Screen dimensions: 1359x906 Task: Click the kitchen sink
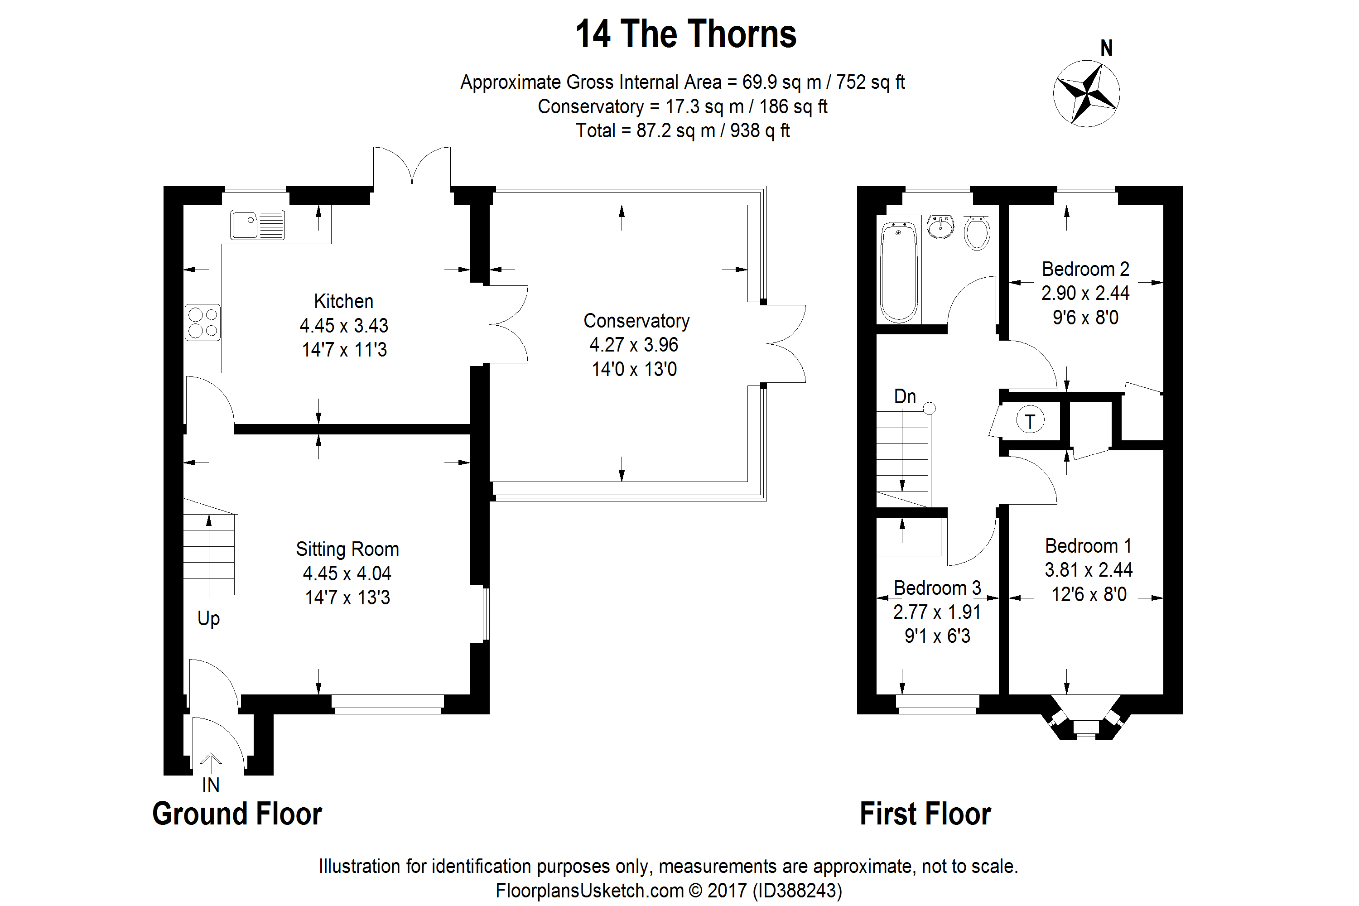(258, 225)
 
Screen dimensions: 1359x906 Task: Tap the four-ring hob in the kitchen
(203, 323)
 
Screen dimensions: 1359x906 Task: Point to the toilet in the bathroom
(977, 233)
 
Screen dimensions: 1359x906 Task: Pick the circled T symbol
(1030, 421)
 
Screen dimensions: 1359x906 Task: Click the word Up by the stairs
(208, 619)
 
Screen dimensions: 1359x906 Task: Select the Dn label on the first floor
(905, 396)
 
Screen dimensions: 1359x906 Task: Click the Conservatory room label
(636, 321)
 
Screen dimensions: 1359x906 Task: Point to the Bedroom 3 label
(937, 588)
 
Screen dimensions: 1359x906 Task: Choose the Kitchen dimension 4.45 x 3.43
(344, 326)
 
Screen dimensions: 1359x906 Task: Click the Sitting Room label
(347, 549)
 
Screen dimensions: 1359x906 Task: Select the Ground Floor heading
(237, 814)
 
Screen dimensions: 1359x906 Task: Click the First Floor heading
(925, 814)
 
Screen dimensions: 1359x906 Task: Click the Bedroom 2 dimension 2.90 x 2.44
(1085, 294)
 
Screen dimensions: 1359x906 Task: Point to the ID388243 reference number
(797, 891)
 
